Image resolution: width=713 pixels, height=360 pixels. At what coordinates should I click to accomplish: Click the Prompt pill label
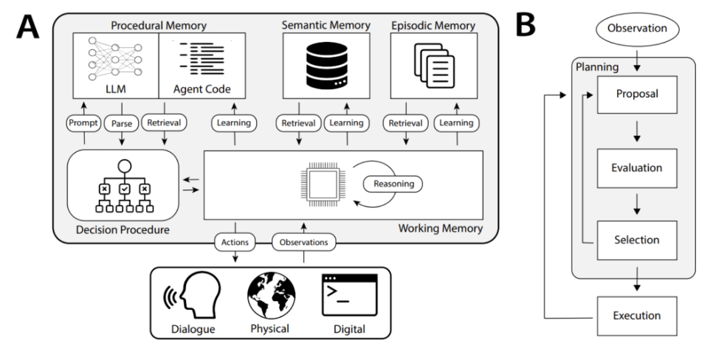point(83,122)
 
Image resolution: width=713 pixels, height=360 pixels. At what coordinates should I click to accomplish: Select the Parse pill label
point(121,123)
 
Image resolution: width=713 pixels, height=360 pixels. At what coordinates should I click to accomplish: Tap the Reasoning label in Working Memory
point(393,184)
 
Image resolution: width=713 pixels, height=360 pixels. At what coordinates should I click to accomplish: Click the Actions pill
point(235,242)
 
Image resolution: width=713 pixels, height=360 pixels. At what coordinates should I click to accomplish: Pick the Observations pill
point(304,242)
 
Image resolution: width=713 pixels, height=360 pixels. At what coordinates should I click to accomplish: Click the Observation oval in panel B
point(637,28)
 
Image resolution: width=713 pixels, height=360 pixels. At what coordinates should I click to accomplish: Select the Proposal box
point(637,94)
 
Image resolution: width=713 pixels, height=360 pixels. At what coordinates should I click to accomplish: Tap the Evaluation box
point(637,168)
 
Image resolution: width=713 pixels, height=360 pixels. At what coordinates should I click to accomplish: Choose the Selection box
point(637,240)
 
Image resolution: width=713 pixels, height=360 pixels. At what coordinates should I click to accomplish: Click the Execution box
point(637,316)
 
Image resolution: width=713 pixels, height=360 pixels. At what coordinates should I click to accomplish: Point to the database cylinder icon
point(326,65)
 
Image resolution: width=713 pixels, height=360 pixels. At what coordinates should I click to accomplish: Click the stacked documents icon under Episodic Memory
point(434,66)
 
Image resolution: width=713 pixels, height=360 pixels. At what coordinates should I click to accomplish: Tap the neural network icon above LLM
point(115,58)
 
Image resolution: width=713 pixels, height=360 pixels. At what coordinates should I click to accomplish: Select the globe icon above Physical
point(271,296)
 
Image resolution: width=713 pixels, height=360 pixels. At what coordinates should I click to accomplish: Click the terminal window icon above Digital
point(349,295)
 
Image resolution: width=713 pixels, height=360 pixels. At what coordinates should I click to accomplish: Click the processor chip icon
point(323,184)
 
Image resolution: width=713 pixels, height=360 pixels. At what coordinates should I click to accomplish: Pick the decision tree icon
point(124,187)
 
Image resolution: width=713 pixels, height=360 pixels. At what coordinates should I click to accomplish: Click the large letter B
point(526,26)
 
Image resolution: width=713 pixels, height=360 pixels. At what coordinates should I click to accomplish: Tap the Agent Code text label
point(202,89)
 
